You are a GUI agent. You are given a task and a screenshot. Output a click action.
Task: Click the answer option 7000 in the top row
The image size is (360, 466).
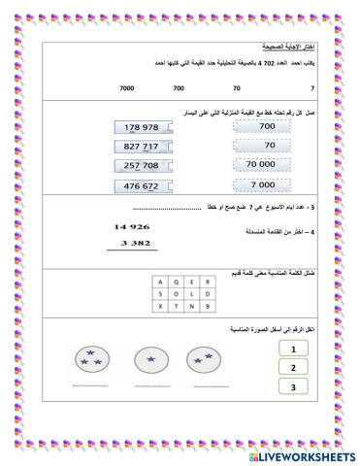coord(126,88)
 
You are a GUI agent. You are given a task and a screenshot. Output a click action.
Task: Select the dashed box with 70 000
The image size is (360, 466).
coord(263,164)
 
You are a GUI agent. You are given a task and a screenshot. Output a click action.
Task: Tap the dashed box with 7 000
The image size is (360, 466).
coord(263,183)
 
